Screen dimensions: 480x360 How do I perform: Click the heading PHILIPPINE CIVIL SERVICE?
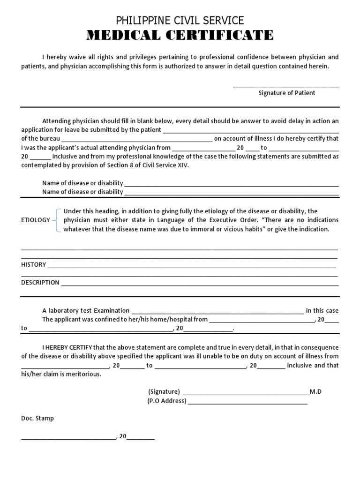(x=180, y=20)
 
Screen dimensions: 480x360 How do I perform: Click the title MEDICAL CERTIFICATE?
(x=180, y=35)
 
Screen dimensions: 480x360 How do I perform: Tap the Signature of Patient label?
(x=286, y=93)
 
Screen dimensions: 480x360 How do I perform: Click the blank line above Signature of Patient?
(x=285, y=86)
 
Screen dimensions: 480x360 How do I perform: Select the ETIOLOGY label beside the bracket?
(x=35, y=220)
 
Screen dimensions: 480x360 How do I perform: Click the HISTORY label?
(x=33, y=264)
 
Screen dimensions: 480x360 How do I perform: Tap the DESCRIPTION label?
(x=40, y=282)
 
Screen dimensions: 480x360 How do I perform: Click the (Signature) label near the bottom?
(x=164, y=391)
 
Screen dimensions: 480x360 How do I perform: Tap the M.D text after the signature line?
(x=315, y=391)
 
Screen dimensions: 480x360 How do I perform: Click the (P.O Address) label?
(x=167, y=401)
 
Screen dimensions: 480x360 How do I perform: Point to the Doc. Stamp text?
(x=37, y=418)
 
